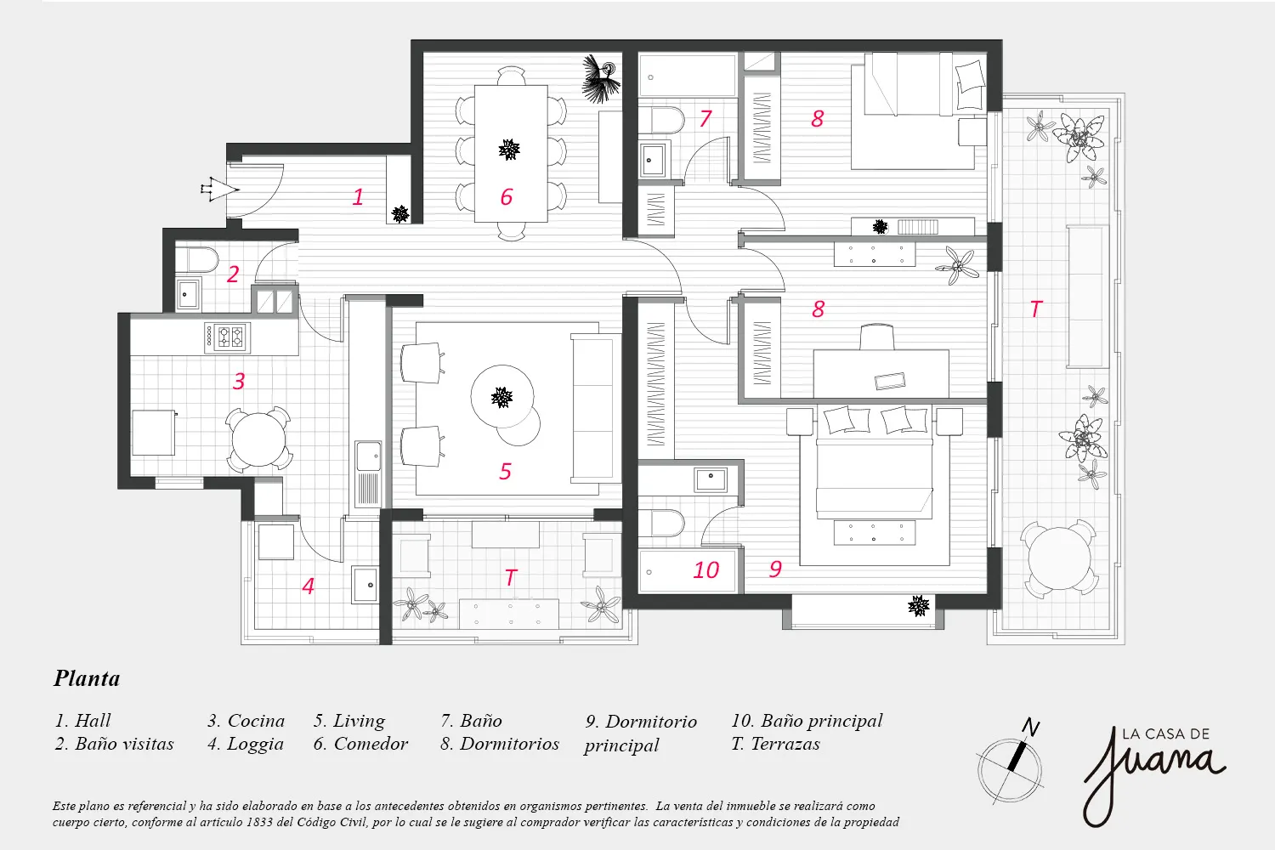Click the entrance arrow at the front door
[219, 189]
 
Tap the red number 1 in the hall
[358, 197]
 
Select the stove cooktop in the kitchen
[227, 336]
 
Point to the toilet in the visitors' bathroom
[195, 260]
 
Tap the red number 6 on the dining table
[506, 197]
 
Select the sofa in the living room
[596, 408]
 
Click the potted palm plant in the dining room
[601, 79]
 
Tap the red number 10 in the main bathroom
[705, 569]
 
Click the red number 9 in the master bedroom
[775, 569]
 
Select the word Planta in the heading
[87, 678]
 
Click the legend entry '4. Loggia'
[246, 744]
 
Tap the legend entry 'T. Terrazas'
[776, 744]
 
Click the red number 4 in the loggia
[308, 586]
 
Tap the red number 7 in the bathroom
[705, 118]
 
